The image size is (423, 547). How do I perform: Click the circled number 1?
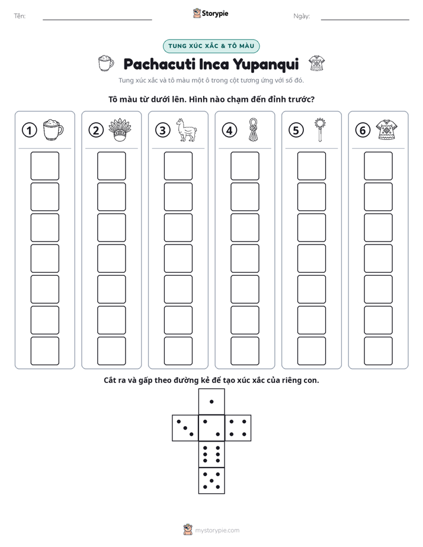click(29, 130)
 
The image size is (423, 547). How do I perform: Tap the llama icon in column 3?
click(187, 130)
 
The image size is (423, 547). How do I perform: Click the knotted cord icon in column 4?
click(253, 130)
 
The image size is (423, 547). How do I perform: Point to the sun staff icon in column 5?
click(320, 130)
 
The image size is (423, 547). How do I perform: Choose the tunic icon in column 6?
click(387, 130)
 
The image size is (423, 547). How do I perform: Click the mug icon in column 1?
click(53, 130)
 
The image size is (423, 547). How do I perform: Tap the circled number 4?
click(229, 130)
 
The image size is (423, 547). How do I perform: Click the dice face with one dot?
click(211, 401)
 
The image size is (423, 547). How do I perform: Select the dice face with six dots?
click(211, 454)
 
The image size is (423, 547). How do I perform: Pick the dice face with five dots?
click(211, 480)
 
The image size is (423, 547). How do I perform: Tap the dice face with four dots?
click(238, 428)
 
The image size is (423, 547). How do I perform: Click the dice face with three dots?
click(185, 428)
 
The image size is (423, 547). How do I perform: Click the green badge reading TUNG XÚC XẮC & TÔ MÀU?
click(211, 46)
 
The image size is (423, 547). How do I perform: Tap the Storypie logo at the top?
click(210, 14)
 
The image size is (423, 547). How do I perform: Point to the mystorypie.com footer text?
click(217, 530)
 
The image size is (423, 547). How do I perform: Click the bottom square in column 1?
click(44, 351)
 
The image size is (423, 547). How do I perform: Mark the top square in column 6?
click(379, 166)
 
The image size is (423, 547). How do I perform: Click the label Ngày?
click(302, 16)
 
